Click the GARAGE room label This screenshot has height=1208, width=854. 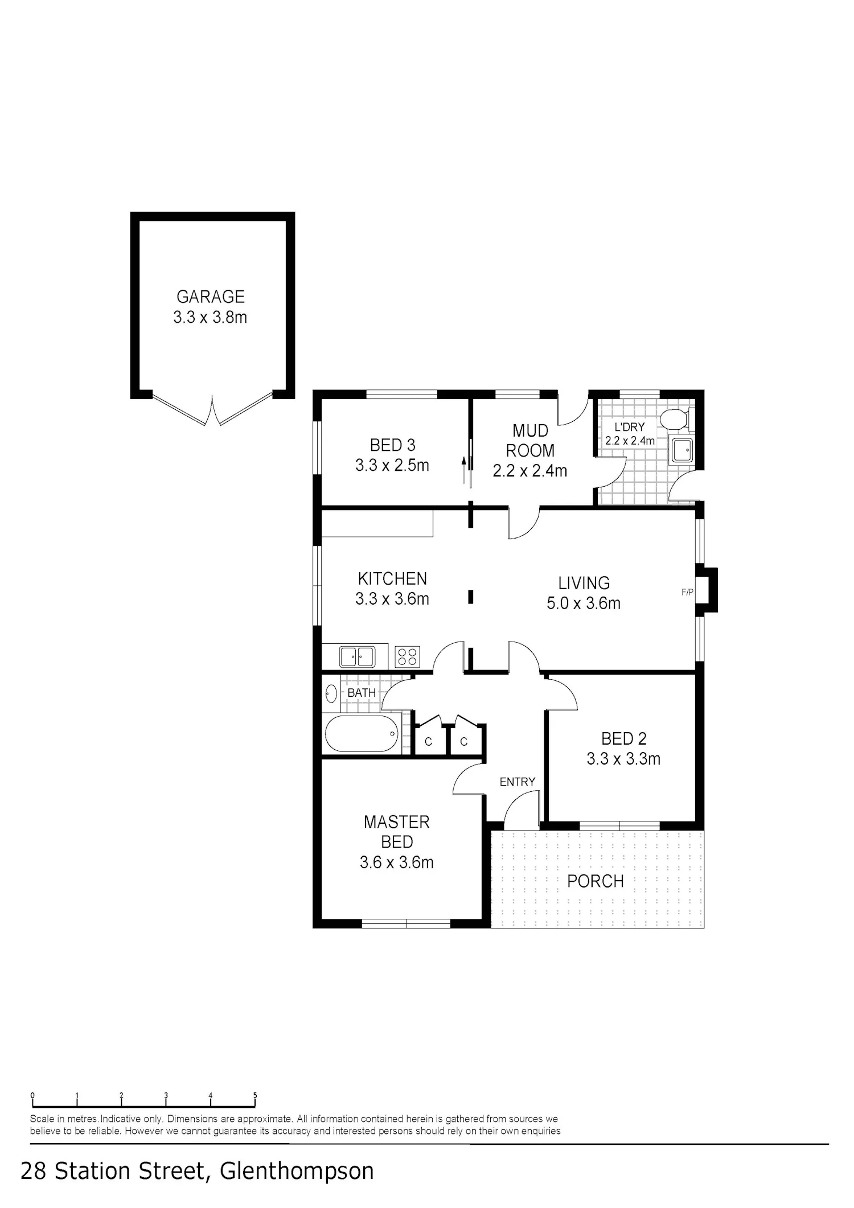(211, 297)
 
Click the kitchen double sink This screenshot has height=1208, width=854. (357, 656)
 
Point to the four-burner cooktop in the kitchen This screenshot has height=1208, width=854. (407, 656)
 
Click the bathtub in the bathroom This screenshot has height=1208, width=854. (362, 734)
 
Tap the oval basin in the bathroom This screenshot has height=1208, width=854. (331, 693)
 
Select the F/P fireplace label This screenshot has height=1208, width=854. (687, 592)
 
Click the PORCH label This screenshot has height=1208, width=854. (596, 881)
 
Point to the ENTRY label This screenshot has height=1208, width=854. (518, 782)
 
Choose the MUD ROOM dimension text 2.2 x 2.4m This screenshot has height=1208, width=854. (530, 471)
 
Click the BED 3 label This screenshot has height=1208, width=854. (393, 445)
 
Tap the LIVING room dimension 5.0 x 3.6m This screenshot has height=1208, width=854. (584, 603)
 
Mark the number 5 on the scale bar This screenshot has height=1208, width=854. (255, 1095)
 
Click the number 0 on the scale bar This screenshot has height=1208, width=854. (33, 1095)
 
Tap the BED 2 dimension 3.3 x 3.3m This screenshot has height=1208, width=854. (623, 759)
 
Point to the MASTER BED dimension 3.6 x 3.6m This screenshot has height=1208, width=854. (396, 862)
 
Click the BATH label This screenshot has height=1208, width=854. (362, 693)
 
